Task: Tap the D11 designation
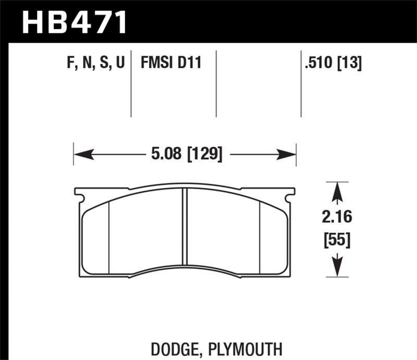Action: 189,64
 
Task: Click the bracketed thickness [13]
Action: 351,64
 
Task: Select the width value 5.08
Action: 162,154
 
